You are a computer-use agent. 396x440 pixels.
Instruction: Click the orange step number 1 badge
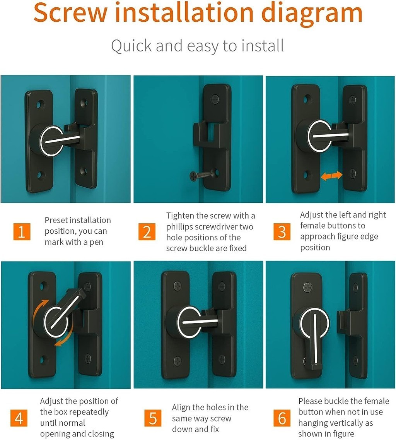tap(22, 231)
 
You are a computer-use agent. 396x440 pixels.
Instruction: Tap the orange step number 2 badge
tap(147, 231)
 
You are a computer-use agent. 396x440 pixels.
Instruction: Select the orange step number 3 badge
tap(282, 231)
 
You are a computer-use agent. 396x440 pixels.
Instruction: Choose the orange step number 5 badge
tap(153, 418)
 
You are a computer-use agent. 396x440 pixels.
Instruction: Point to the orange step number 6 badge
tap(282, 418)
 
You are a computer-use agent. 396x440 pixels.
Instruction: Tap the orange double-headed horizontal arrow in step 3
tap(332, 176)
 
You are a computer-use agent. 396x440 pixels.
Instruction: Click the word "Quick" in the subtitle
tap(132, 46)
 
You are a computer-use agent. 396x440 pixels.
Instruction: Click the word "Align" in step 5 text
tap(183, 407)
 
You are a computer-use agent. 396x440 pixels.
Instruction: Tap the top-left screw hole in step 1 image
tap(40, 104)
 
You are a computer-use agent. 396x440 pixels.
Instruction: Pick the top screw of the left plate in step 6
tap(307, 287)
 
